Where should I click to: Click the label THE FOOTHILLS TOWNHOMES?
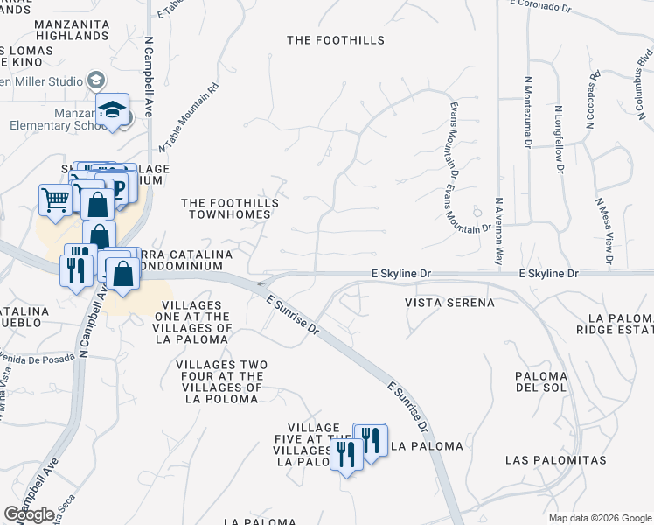(x=230, y=209)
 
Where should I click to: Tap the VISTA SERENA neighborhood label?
(x=449, y=303)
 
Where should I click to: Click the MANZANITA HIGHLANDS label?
(x=71, y=29)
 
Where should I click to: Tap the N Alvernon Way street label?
(x=500, y=231)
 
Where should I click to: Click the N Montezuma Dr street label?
(x=527, y=110)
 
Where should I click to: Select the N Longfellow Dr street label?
(x=558, y=139)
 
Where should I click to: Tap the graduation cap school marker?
(x=112, y=110)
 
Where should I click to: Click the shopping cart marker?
(x=56, y=199)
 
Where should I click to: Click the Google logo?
(x=31, y=514)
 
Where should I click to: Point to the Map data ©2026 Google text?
(x=600, y=518)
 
